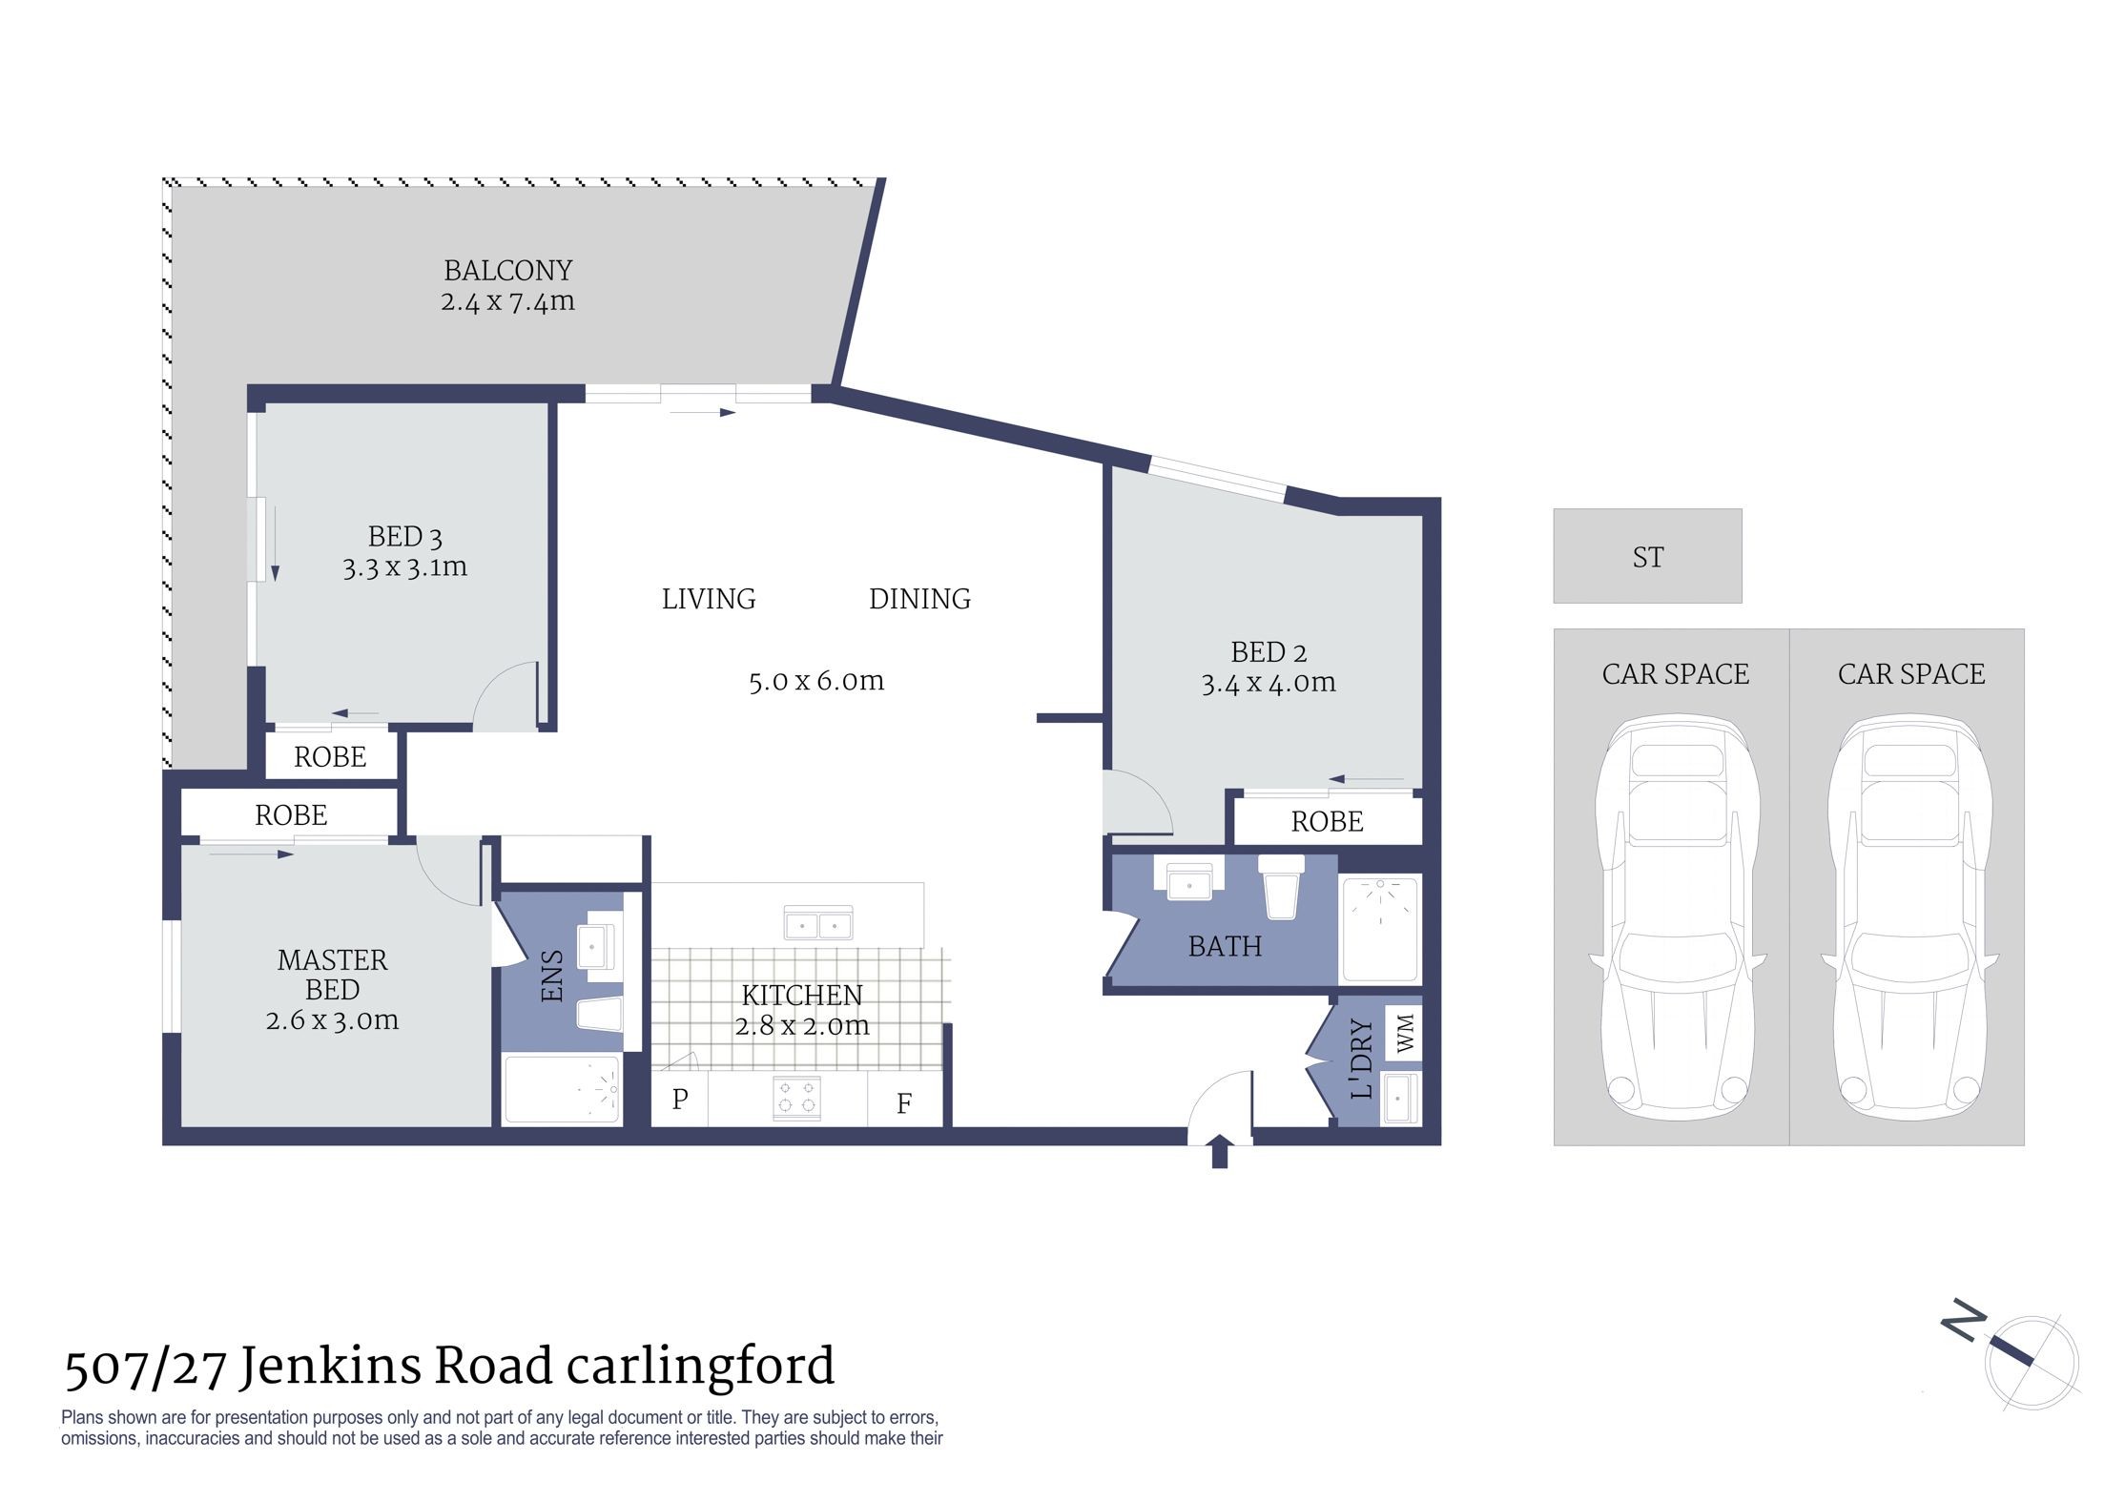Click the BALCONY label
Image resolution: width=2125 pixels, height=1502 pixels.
508,271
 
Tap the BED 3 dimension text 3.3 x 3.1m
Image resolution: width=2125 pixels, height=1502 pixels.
405,567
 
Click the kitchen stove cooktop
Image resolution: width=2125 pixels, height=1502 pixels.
797,1098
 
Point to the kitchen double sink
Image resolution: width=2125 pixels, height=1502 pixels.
818,923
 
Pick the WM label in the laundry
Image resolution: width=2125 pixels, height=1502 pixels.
1405,1034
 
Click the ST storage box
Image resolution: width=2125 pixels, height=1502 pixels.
1647,556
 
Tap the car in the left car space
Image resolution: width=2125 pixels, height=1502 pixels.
1677,921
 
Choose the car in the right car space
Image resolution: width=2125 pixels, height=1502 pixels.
1910,921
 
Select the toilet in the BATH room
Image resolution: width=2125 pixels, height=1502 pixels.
1281,887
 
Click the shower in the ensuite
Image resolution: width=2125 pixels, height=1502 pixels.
562,1088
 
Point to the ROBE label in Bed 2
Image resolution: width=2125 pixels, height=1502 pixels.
1327,821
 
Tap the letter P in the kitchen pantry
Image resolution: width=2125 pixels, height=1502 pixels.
680,1100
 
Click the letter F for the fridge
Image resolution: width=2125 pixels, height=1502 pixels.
904,1103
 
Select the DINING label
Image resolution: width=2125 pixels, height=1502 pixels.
919,599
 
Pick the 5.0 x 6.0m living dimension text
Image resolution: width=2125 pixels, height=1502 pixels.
816,681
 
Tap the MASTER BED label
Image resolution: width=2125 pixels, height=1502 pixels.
332,975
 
